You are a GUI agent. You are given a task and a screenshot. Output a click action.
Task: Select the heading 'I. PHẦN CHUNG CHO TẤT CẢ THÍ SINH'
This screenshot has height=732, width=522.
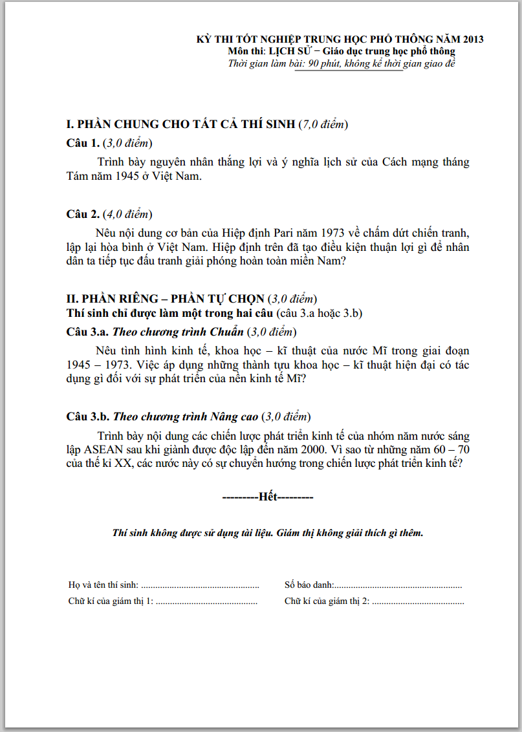181,124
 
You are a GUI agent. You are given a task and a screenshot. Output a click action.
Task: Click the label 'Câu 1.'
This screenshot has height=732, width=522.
83,143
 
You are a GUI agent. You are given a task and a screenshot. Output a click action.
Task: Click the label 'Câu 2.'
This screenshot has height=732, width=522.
83,214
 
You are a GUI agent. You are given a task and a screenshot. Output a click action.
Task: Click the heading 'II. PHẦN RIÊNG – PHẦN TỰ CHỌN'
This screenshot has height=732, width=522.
166,299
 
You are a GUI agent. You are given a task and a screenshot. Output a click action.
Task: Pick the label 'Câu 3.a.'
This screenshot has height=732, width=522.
88,332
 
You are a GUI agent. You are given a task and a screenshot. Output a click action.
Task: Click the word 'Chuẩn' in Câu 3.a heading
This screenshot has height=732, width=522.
230,332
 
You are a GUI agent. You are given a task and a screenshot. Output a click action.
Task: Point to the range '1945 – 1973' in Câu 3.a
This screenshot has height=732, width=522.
103,365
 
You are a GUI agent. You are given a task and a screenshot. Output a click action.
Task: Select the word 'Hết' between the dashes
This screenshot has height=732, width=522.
268,497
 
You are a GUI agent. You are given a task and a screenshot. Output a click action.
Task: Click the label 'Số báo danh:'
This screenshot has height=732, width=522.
309,585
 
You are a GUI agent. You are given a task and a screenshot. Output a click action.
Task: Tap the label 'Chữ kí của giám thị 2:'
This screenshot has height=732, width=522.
327,601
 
